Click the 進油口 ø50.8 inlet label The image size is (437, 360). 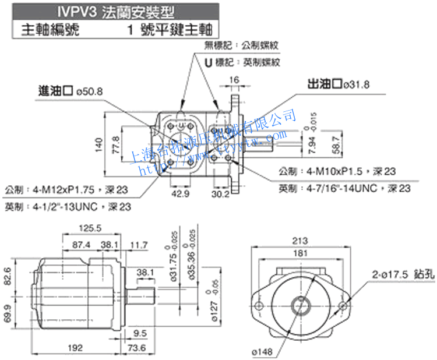(70, 91)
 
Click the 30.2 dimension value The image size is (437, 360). (220, 193)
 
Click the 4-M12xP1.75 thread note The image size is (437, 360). (67, 190)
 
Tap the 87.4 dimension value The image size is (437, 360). (81, 245)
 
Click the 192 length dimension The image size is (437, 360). (74, 348)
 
